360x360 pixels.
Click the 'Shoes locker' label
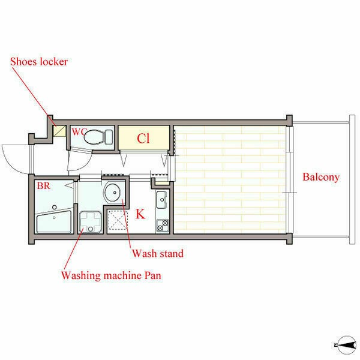coord(39,62)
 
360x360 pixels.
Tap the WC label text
coord(79,132)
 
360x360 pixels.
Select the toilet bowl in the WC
coord(94,137)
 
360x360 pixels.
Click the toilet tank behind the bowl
coord(109,137)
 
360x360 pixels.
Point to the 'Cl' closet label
coord(143,139)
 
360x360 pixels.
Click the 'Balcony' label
coord(321,177)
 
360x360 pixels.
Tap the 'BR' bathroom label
coord(43,186)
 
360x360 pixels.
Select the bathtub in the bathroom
coord(54,221)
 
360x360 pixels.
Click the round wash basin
coord(112,192)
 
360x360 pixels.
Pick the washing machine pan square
coord(91,222)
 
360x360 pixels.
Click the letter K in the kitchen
coord(140,214)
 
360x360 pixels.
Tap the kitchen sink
coord(162,200)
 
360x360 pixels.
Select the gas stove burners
coord(163,226)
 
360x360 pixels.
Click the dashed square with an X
coord(118,220)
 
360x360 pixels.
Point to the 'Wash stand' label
coord(158,253)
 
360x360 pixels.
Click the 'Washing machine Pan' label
coord(111,275)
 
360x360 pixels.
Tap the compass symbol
coord(346,345)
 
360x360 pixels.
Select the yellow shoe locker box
coord(59,131)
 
